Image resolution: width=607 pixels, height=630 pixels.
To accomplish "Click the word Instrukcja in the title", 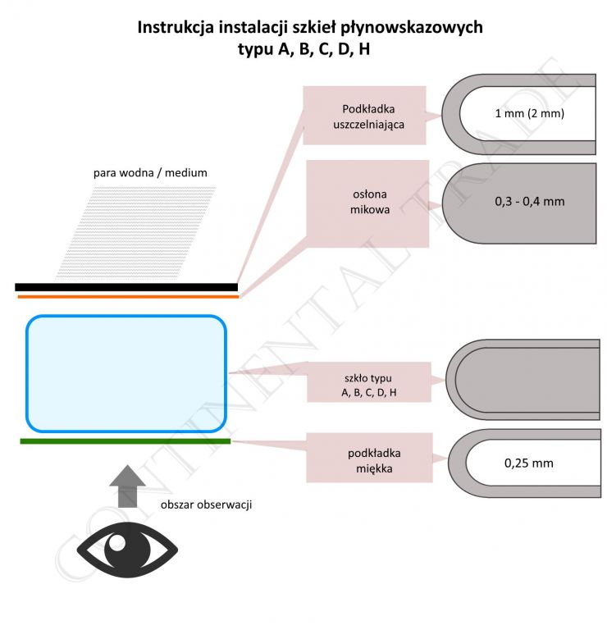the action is (176, 28).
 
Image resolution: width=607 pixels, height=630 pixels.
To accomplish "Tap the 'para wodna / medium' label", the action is (150, 173).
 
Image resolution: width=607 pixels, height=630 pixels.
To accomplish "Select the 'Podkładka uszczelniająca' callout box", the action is (364, 116).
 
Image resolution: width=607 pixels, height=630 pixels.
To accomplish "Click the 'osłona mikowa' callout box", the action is (367, 203).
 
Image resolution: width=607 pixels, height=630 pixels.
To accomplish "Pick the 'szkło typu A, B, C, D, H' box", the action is (369, 382).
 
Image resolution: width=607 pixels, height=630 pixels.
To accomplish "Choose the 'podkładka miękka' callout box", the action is (370, 458).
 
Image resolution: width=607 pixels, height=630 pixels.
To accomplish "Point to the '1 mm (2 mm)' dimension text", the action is (529, 113).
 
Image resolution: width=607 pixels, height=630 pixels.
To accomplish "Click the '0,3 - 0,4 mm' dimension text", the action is (529, 201).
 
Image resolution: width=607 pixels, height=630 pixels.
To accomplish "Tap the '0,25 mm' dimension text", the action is (529, 463).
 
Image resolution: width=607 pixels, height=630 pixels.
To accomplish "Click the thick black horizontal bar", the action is (126, 287).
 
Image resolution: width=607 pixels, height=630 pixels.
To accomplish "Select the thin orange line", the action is (128, 297).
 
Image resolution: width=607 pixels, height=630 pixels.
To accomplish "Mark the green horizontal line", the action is (126, 441).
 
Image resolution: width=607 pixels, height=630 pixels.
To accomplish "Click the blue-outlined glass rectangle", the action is (126, 374).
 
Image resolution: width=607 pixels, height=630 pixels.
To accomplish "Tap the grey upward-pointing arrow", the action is (127, 486).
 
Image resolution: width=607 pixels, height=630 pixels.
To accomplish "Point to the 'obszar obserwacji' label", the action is (206, 504).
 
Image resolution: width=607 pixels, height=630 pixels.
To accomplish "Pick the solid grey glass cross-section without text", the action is (523, 380).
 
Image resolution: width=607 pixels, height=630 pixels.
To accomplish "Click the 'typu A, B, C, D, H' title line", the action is (303, 49).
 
